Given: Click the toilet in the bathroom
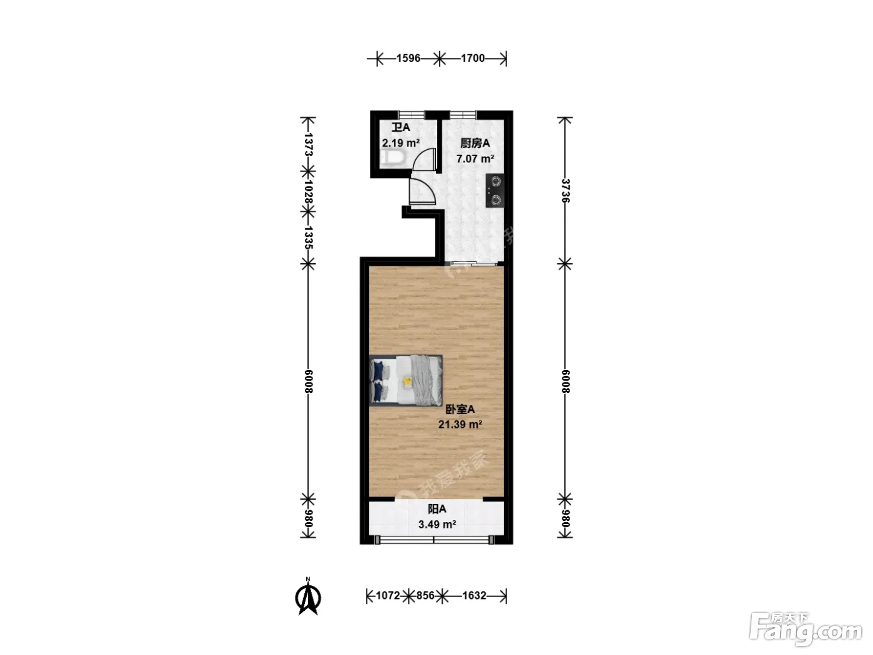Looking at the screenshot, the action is tap(393, 158).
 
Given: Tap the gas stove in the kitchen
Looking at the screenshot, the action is tap(494, 191).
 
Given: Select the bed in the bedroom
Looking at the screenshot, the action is tap(406, 381).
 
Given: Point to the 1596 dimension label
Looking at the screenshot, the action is tap(408, 59).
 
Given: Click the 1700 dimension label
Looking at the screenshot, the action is tap(473, 59).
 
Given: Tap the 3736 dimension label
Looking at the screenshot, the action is tap(565, 191).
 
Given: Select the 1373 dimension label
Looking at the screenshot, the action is tap(308, 145).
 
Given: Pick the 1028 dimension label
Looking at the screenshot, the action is tap(308, 192).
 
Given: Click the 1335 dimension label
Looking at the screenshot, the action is tap(308, 238).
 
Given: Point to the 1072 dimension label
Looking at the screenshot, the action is tap(388, 596).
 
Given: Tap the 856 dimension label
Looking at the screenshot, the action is tap(425, 596).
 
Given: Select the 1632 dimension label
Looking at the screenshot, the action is tap(474, 596).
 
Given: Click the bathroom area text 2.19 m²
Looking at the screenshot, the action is tap(401, 143).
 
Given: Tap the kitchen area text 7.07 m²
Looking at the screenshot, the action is tap(475, 158).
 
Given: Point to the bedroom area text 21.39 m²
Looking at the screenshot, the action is tap(460, 424).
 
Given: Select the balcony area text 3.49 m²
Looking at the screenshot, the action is tap(437, 525).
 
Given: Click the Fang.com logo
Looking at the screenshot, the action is tap(806, 628).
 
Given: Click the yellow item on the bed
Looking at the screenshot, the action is tap(408, 382).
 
